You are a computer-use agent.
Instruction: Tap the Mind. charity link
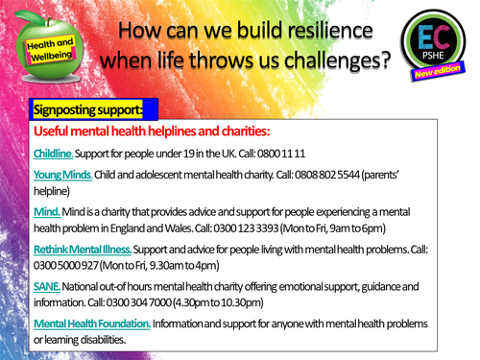coord(47,211)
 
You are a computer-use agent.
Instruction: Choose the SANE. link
coord(47,286)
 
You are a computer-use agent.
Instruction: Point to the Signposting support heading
coord(87,108)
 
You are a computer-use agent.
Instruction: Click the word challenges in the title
coord(331,64)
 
